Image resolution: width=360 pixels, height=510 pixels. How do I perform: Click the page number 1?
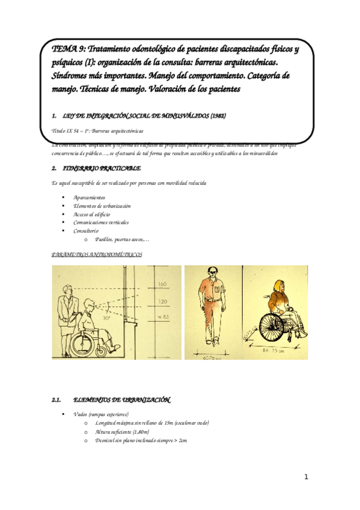click(x=306, y=478)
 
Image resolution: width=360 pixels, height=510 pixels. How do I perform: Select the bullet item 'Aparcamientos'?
click(x=89, y=197)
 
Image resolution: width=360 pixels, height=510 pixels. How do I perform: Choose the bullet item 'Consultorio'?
click(x=87, y=230)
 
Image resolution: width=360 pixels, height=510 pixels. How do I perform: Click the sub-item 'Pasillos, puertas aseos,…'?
click(x=122, y=239)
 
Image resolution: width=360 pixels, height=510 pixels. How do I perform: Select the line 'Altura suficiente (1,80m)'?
click(x=122, y=432)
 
